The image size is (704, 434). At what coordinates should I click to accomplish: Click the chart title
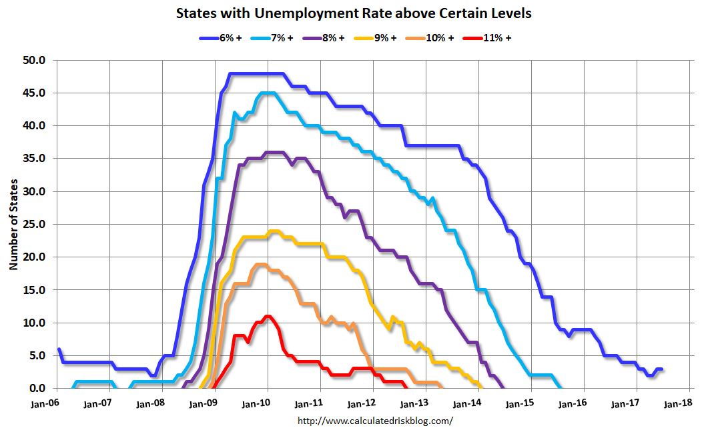tap(354, 13)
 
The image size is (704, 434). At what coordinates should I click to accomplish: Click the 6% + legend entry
tap(224, 38)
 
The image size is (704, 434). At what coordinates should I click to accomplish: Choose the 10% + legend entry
tap(432, 38)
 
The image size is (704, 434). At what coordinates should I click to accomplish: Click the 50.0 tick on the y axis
tap(34, 61)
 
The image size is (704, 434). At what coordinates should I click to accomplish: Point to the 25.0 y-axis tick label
tap(34, 225)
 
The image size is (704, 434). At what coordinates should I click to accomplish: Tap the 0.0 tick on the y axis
tap(37, 389)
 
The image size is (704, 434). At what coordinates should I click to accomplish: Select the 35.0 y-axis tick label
tap(34, 159)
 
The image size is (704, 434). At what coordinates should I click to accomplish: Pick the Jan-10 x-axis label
tap(268, 403)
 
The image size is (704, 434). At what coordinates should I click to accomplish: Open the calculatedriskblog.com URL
tap(374, 421)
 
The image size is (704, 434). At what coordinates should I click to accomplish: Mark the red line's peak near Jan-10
tap(268, 316)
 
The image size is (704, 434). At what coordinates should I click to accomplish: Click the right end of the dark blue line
tap(661, 369)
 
